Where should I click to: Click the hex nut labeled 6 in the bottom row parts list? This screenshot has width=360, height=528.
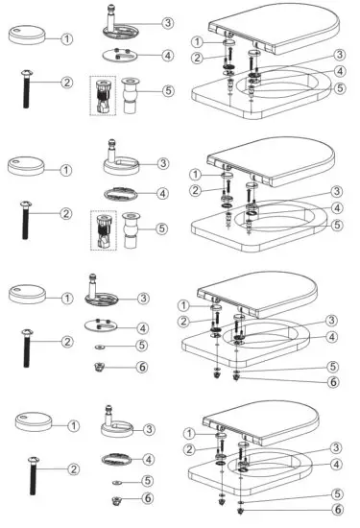click(x=116, y=500)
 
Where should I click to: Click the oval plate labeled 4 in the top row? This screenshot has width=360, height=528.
click(x=121, y=55)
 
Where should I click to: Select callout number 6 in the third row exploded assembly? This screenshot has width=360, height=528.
click(x=332, y=382)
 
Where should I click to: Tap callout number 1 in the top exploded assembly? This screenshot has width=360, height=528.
click(x=197, y=41)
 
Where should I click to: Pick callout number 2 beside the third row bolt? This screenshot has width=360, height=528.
click(x=68, y=341)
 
